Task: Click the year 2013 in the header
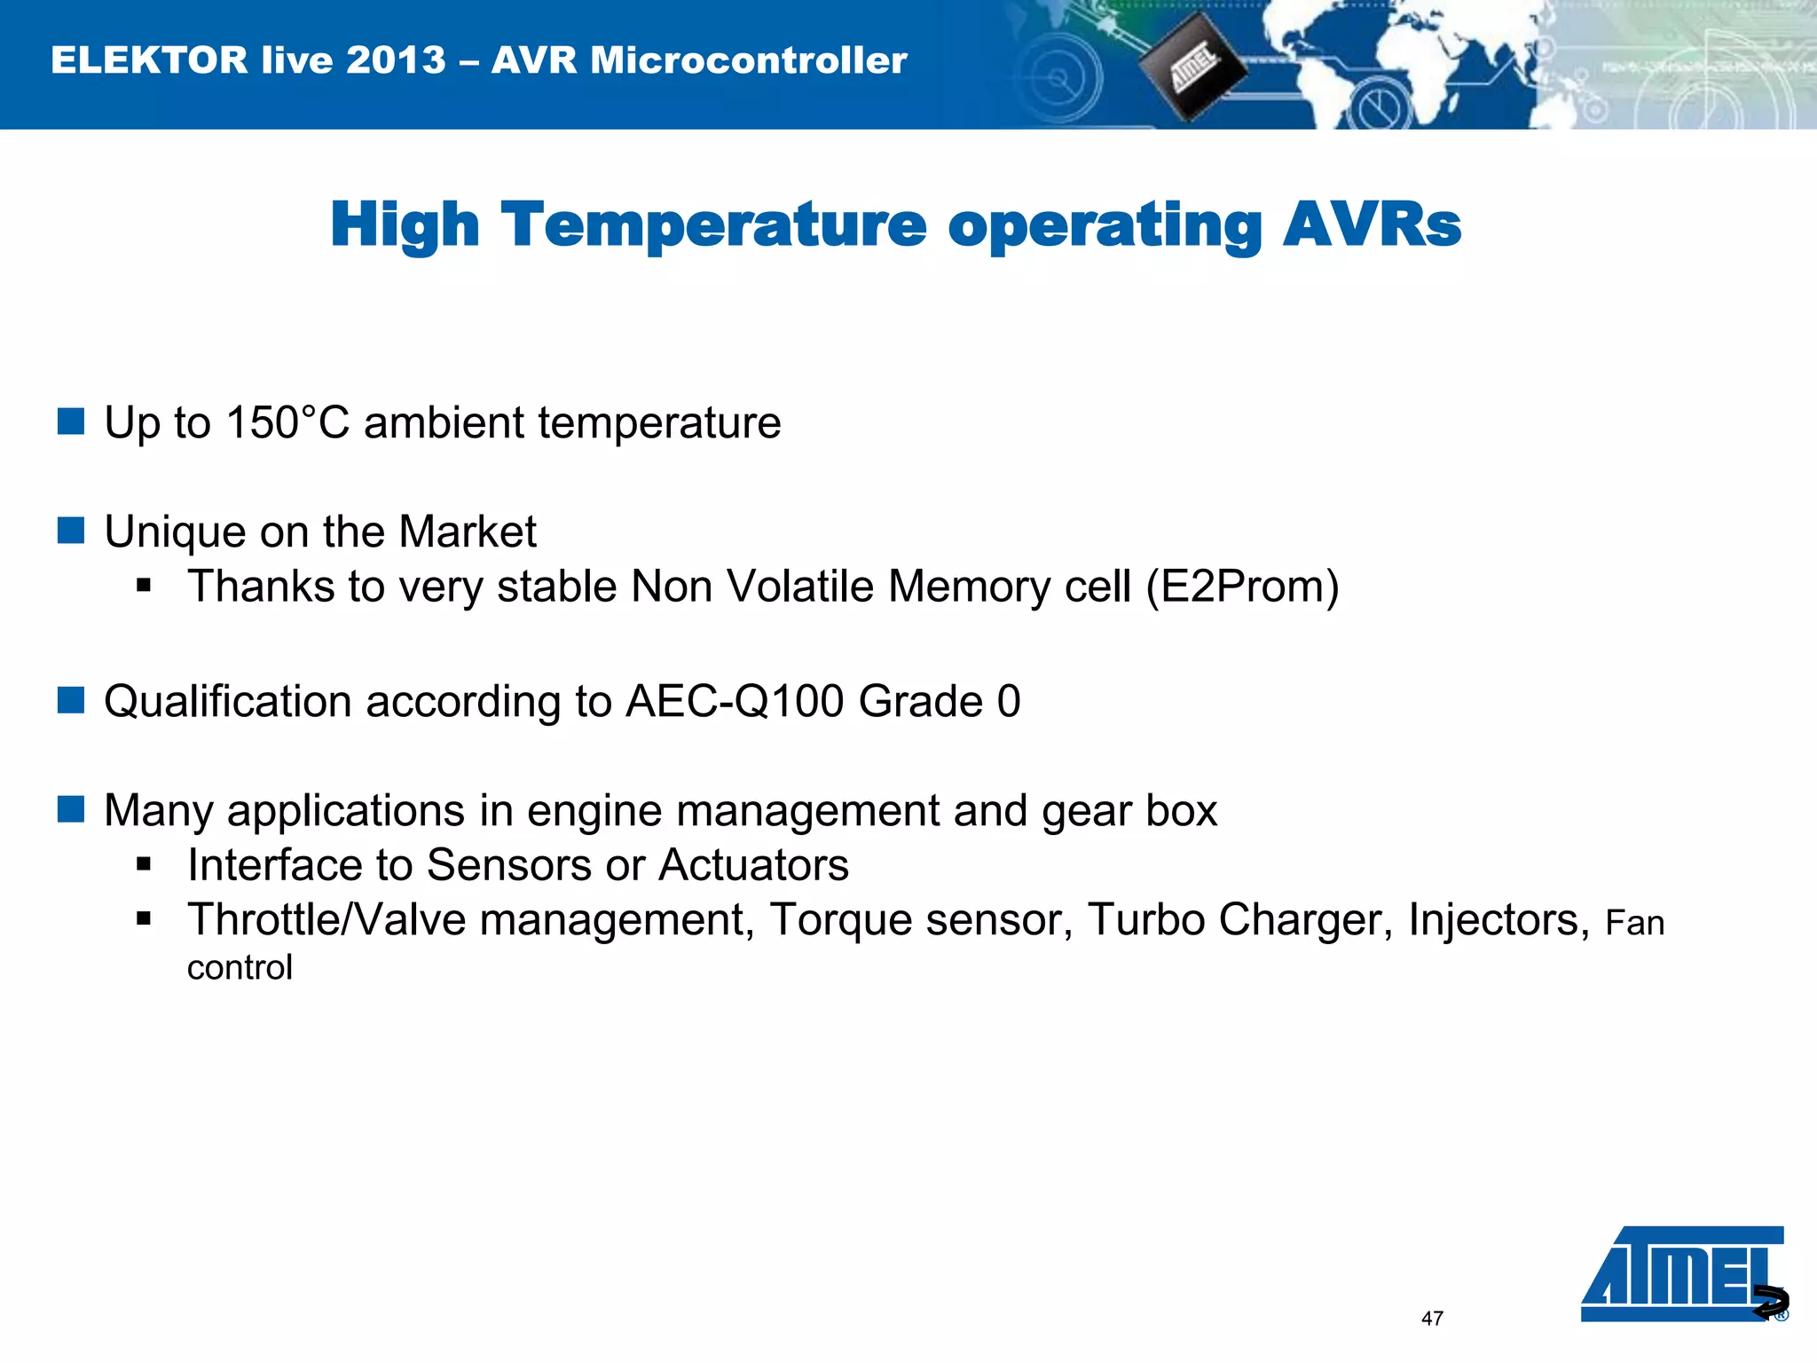396,60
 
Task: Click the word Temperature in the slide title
713,225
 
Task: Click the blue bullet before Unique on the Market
71,531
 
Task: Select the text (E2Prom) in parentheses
1242,587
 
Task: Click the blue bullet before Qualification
71,700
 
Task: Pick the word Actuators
753,865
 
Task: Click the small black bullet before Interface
145,864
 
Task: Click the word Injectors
1498,920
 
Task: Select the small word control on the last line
240,968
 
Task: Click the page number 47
1432,1319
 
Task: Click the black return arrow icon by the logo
1771,1302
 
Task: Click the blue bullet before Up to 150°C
71,422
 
